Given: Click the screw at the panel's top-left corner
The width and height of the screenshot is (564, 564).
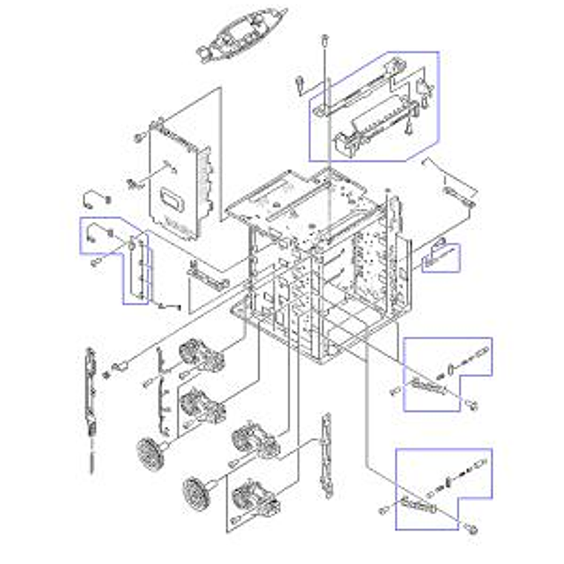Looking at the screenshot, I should coord(138,137).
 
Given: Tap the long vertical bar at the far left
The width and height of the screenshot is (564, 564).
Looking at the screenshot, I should coord(91,393).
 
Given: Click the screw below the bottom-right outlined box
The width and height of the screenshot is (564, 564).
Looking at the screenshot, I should coord(473,529).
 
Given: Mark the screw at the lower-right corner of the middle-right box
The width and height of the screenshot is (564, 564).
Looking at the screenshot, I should coord(472,405).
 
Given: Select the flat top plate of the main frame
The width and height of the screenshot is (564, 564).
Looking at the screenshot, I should coord(297,204).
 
